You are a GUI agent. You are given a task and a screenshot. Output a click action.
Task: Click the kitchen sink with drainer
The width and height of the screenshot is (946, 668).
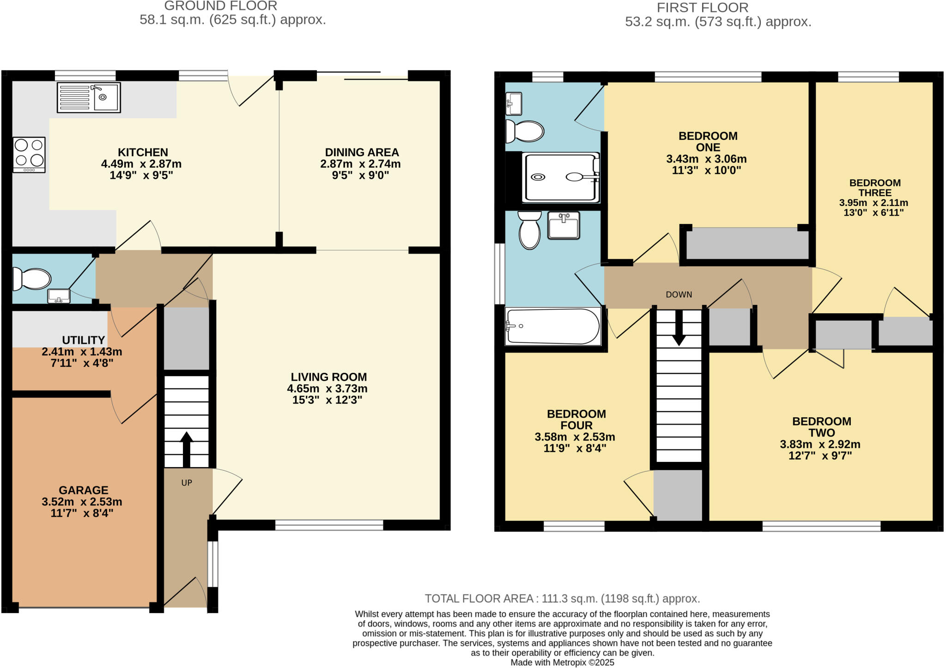click(x=89, y=97)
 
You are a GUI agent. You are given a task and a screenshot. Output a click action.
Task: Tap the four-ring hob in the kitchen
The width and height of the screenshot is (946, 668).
click(x=29, y=154)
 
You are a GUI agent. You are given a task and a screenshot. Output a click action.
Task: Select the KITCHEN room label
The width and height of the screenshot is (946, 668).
click(x=143, y=152)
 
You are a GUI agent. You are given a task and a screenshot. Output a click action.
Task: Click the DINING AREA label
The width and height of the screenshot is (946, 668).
click(x=362, y=152)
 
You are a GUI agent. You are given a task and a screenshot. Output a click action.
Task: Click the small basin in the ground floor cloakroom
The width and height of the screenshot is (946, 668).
click(x=59, y=296)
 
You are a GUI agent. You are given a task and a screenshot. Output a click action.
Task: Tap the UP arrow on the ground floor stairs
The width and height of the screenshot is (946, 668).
click(x=186, y=448)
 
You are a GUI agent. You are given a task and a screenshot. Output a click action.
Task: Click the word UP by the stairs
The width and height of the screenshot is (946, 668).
click(x=187, y=483)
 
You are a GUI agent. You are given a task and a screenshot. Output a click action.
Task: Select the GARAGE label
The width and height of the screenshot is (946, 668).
click(x=84, y=490)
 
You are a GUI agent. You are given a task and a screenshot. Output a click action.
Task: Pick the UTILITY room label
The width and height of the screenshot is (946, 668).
click(x=84, y=340)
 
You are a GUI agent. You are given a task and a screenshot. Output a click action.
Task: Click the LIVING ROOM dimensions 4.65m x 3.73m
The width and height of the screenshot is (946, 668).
click(x=327, y=389)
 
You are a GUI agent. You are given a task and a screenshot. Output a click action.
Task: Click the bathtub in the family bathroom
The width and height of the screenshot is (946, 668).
click(x=552, y=326)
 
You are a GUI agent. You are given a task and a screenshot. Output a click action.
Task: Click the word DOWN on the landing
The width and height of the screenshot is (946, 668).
click(x=679, y=294)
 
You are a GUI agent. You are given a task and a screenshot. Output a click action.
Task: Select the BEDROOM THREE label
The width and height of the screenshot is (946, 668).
click(x=875, y=188)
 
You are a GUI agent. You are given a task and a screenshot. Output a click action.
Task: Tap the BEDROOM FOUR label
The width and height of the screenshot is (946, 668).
click(x=576, y=419)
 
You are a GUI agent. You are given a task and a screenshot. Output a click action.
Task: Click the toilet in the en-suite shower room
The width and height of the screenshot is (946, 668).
click(x=524, y=131)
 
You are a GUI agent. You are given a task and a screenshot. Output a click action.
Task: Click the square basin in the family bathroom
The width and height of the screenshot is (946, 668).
click(x=564, y=225)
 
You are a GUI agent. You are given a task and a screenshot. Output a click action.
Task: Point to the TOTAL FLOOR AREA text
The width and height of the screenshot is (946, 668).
click(x=562, y=599)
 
